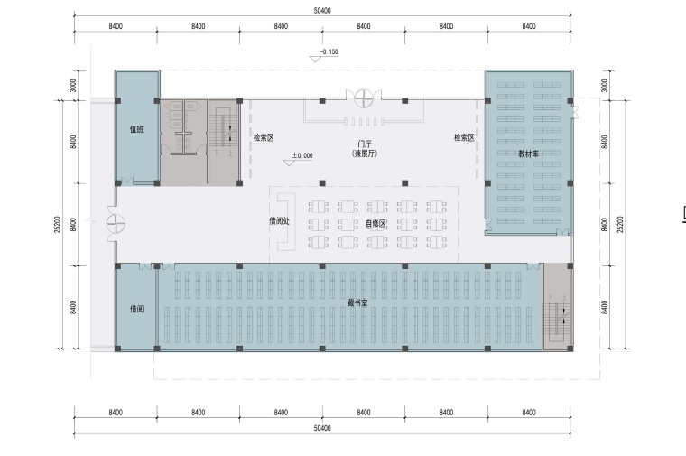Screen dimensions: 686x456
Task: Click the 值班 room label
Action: (x=136, y=129)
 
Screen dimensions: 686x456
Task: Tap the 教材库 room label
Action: (x=529, y=154)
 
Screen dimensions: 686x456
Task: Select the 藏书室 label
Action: (x=357, y=302)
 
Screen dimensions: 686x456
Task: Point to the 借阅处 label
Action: (x=279, y=220)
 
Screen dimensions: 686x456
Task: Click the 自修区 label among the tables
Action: (x=375, y=224)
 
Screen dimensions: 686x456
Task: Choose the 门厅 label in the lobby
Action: (x=365, y=144)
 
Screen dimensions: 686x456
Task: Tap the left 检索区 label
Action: (x=264, y=138)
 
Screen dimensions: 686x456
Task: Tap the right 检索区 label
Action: (x=464, y=138)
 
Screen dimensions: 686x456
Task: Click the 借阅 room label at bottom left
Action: (x=136, y=309)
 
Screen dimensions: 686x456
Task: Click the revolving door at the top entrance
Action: (x=363, y=98)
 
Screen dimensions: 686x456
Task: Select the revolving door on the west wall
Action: (x=116, y=224)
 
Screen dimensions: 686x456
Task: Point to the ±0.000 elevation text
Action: (x=302, y=155)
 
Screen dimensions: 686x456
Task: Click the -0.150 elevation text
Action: (x=329, y=51)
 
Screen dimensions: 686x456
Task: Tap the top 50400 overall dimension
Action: (x=322, y=11)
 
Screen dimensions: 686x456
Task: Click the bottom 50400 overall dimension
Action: (x=322, y=427)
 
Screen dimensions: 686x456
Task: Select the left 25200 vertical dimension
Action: (x=58, y=225)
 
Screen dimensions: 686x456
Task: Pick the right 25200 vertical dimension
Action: (x=620, y=225)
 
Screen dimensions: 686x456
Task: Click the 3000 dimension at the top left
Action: (x=73, y=86)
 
